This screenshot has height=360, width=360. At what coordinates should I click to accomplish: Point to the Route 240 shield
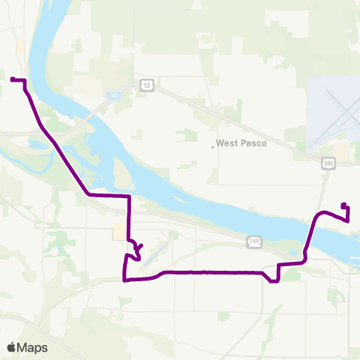pos(255,240)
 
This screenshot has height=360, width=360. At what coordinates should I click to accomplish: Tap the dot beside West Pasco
pos(213,146)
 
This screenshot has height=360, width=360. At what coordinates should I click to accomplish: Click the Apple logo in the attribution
pos(12,347)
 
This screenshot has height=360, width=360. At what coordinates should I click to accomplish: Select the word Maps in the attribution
pos(33,347)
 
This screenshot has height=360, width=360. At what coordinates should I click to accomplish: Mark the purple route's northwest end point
pos(12,78)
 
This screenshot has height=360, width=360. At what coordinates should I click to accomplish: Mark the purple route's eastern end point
pos(343,205)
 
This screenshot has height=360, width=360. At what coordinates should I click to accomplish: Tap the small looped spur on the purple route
pos(137,248)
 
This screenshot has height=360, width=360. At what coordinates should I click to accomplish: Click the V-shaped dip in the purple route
pos(274,279)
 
